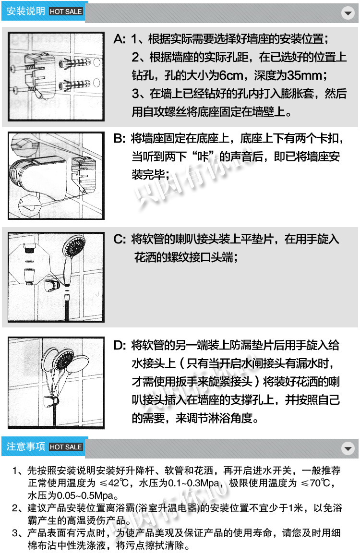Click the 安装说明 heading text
click(x=26, y=12)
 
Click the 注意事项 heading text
click(x=26, y=446)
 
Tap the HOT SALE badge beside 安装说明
click(x=66, y=12)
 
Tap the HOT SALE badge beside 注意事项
click(x=66, y=447)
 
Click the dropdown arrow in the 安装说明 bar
click(x=348, y=13)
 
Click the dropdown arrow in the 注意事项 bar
click(x=348, y=448)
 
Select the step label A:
click(x=120, y=39)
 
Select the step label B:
click(x=120, y=138)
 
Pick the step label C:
click(x=120, y=239)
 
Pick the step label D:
click(x=120, y=345)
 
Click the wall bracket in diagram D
click(x=51, y=401)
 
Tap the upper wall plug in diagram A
click(x=76, y=63)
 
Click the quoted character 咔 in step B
click(x=203, y=157)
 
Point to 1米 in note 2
click(x=294, y=508)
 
